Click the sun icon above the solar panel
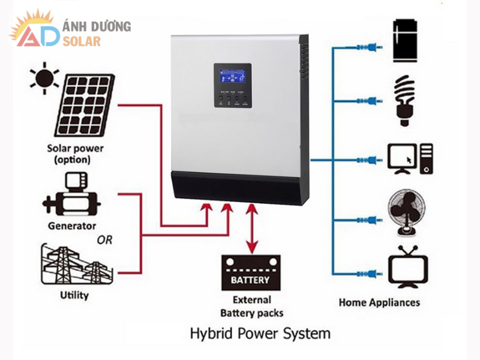pos(44,79)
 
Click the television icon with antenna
pos(408,267)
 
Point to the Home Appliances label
pos(379,302)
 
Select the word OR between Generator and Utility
pos(106,241)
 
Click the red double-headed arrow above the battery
pos(252,229)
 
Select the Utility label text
pos(74,295)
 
